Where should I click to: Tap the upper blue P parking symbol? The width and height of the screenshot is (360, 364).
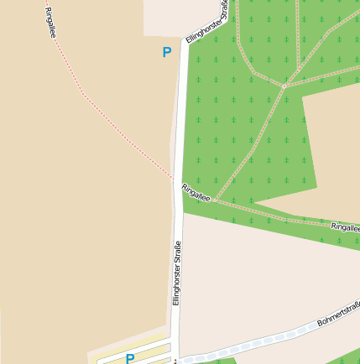(x=166, y=52)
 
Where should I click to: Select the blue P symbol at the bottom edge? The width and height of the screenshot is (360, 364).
(x=130, y=359)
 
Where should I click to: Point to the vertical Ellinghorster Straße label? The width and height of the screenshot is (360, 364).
(x=177, y=273)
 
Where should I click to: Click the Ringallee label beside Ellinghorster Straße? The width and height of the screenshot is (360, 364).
(x=196, y=192)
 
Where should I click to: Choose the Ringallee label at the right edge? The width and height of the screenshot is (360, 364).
(x=345, y=226)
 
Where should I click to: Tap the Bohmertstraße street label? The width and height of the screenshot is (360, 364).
(x=338, y=314)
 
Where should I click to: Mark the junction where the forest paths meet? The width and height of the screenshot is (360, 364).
(x=284, y=86)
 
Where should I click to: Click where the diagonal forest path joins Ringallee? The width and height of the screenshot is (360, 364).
(x=215, y=200)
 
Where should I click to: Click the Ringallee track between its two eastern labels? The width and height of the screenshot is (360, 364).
(x=277, y=216)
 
